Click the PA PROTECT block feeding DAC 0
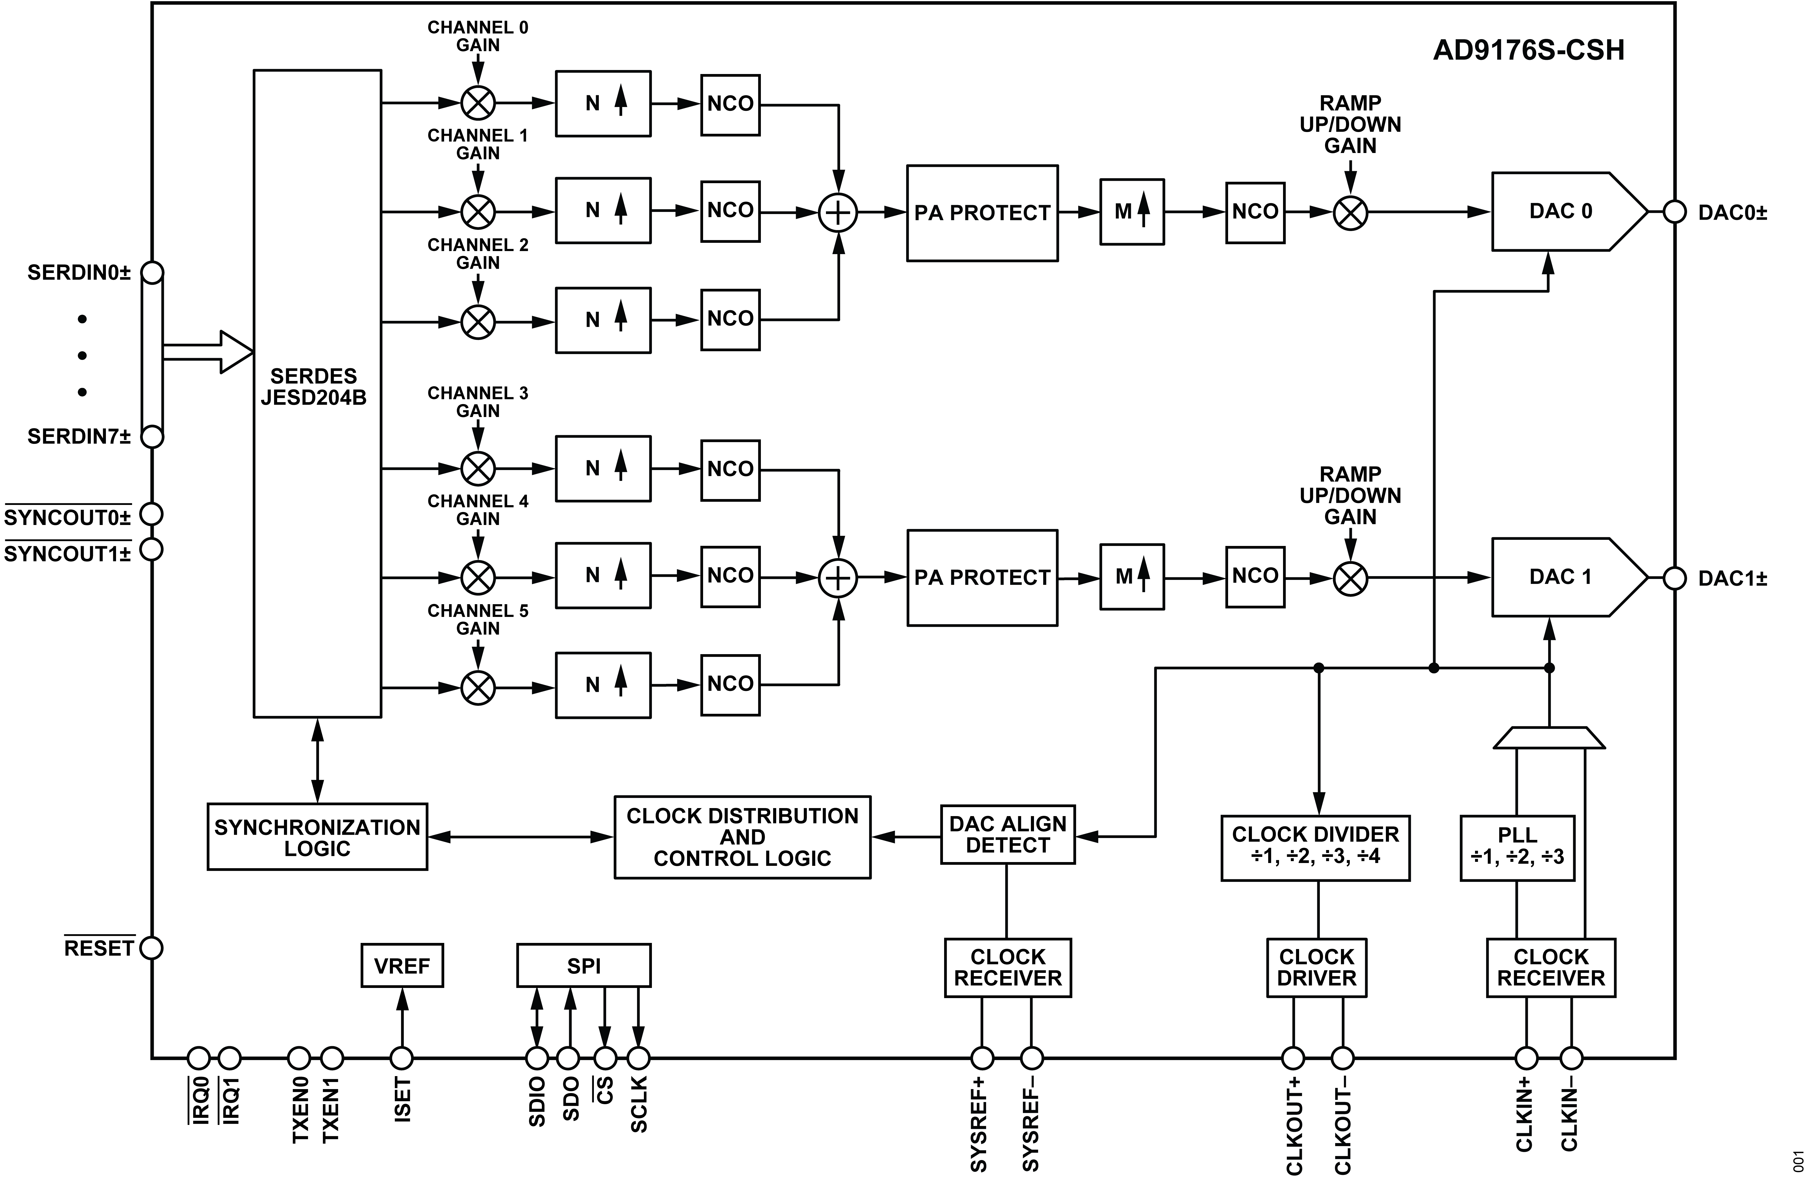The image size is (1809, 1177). point(981,213)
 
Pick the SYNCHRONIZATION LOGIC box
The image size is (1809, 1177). point(317,837)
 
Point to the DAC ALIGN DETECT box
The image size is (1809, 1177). point(1007,834)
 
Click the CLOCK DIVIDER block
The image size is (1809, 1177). point(1315,848)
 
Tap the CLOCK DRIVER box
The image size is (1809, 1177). point(1317,967)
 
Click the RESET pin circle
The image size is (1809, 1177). point(152,948)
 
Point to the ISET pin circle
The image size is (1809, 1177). point(401,1058)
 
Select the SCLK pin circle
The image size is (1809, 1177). point(638,1058)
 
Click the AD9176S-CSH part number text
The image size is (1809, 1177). point(1529,50)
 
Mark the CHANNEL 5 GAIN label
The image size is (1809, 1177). point(477,619)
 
